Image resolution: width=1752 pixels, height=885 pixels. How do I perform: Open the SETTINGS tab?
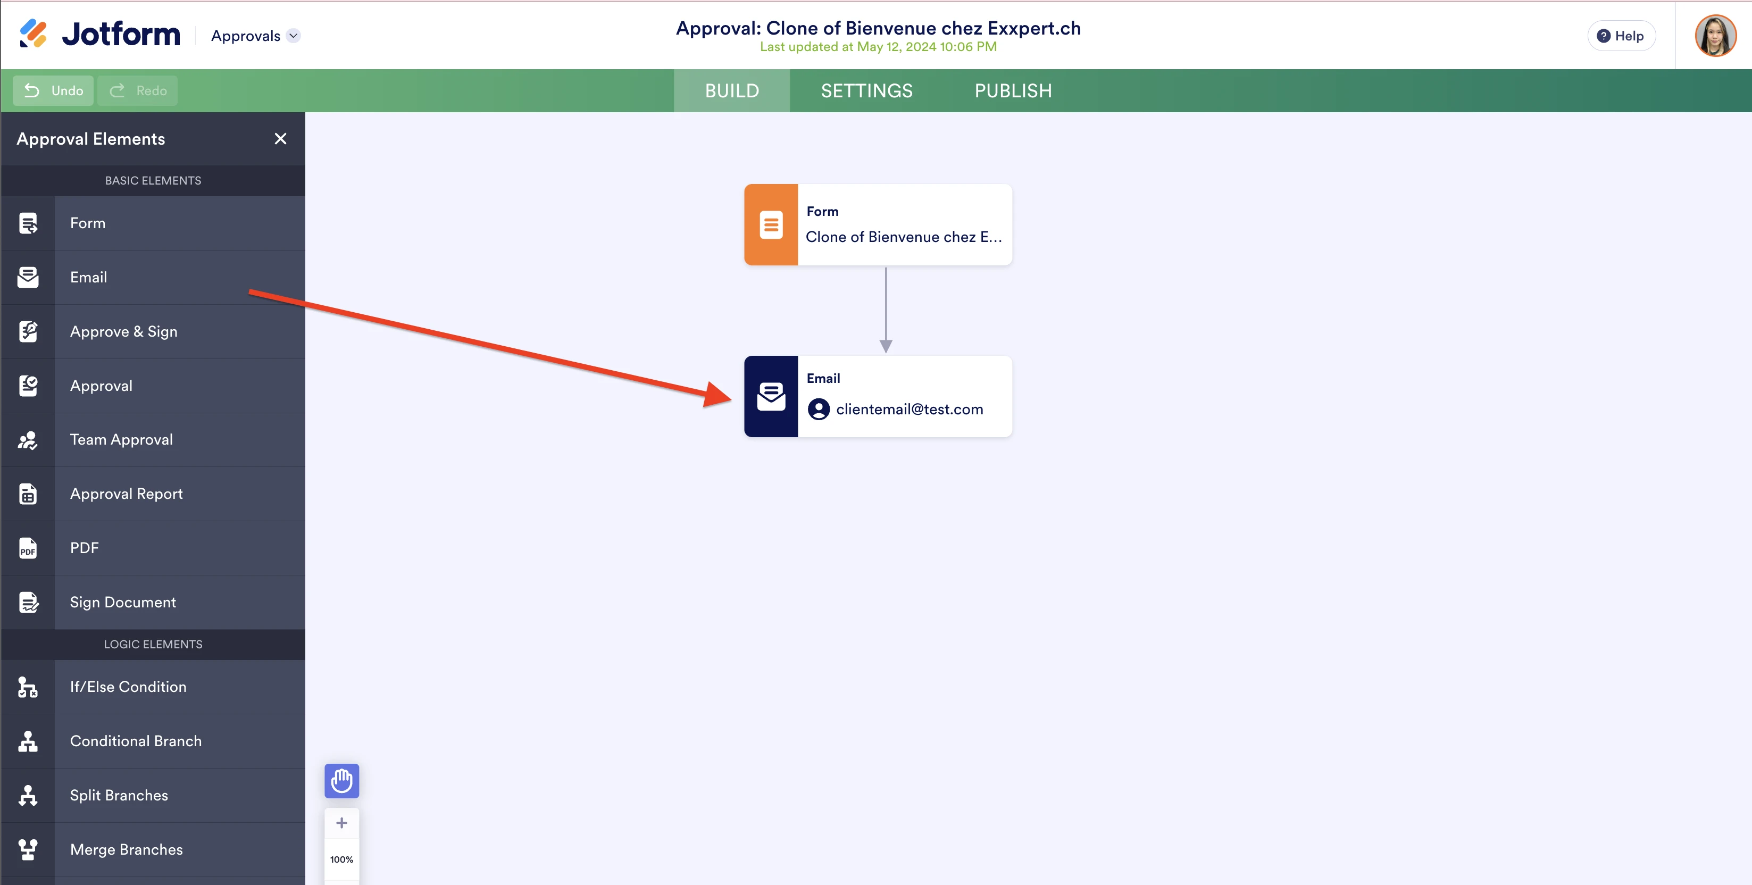click(866, 90)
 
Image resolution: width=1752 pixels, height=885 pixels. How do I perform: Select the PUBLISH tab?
click(1013, 90)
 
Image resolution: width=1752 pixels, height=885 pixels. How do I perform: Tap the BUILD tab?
click(732, 90)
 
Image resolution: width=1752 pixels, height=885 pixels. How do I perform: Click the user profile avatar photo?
click(1715, 36)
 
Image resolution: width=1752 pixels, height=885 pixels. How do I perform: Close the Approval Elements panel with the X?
click(280, 139)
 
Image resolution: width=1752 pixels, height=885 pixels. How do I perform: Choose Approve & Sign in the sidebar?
click(124, 331)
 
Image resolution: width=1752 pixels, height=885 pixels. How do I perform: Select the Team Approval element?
click(121, 439)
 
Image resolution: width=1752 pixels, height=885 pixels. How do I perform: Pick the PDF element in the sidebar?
click(85, 548)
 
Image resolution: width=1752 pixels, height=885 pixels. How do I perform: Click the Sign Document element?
click(122, 602)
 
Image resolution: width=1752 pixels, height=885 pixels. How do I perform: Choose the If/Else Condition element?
click(128, 687)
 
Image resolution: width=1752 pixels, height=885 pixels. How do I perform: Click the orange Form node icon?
click(771, 224)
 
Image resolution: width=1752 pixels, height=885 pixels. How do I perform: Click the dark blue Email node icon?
click(771, 397)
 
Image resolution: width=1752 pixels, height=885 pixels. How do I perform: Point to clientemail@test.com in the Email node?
click(910, 410)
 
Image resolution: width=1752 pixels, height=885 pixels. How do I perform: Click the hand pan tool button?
click(341, 781)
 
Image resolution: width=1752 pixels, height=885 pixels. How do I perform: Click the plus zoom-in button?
click(341, 823)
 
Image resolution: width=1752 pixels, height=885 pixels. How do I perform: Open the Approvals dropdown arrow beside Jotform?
click(293, 36)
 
